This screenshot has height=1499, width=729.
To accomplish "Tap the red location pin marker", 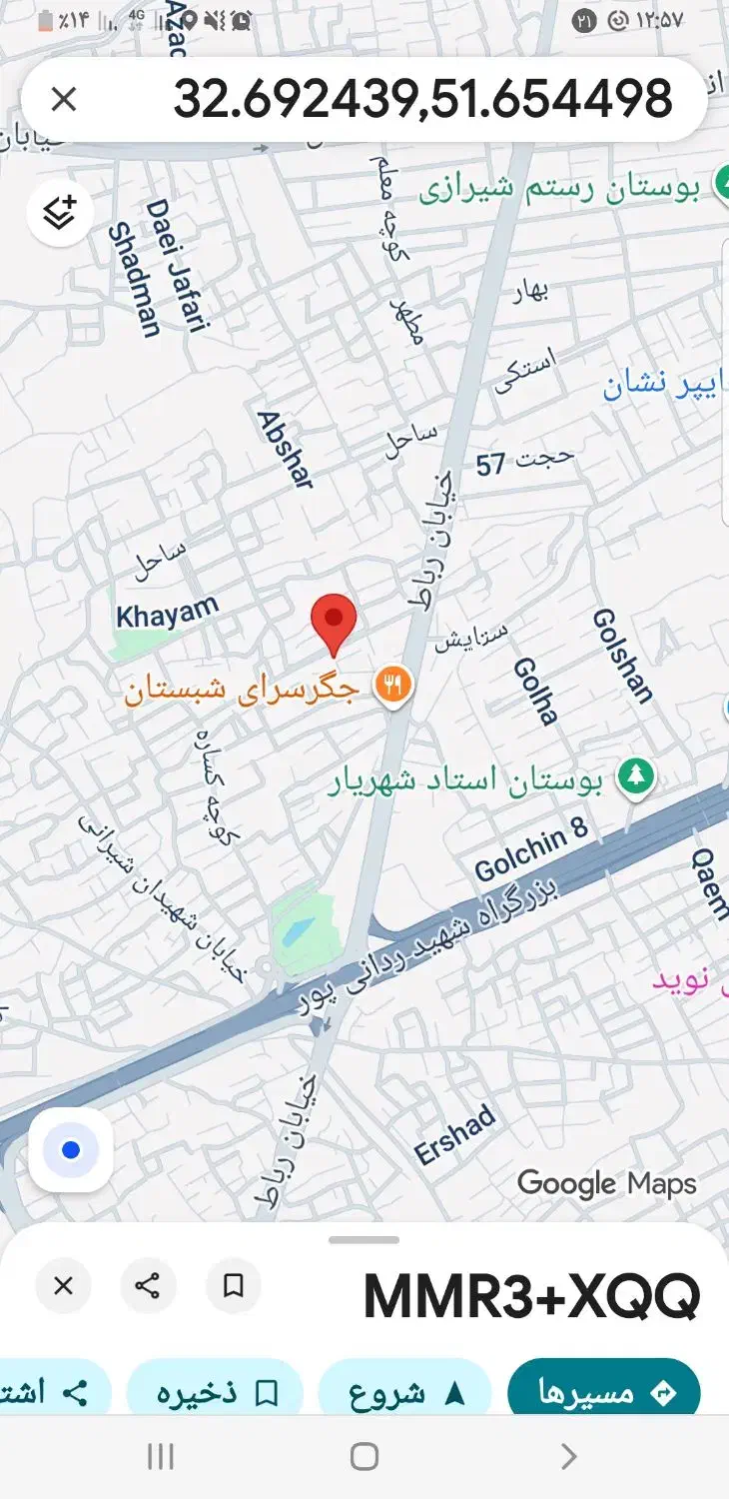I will pos(334,622).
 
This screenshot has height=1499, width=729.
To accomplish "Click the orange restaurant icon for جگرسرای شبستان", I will pos(393,686).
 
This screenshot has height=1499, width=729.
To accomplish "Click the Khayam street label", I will pos(167,612).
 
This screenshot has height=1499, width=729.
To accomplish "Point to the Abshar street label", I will pos(286,450).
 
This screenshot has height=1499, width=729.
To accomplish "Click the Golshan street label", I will pos(622,656).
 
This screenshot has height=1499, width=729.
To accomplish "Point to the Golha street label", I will pos(535,691).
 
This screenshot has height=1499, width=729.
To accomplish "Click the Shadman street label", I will pos(135,280).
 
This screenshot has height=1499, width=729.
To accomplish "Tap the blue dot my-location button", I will pos(70,1149).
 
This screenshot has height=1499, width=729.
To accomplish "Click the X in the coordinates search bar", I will pos(64,99).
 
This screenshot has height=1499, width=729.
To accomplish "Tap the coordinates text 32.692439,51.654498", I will pos(422,99).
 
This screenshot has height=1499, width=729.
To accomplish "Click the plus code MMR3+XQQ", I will pos(531,1296).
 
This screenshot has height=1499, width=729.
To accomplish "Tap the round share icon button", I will pos(148,1285).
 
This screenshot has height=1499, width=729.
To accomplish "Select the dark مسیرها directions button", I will pos(603,1392).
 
